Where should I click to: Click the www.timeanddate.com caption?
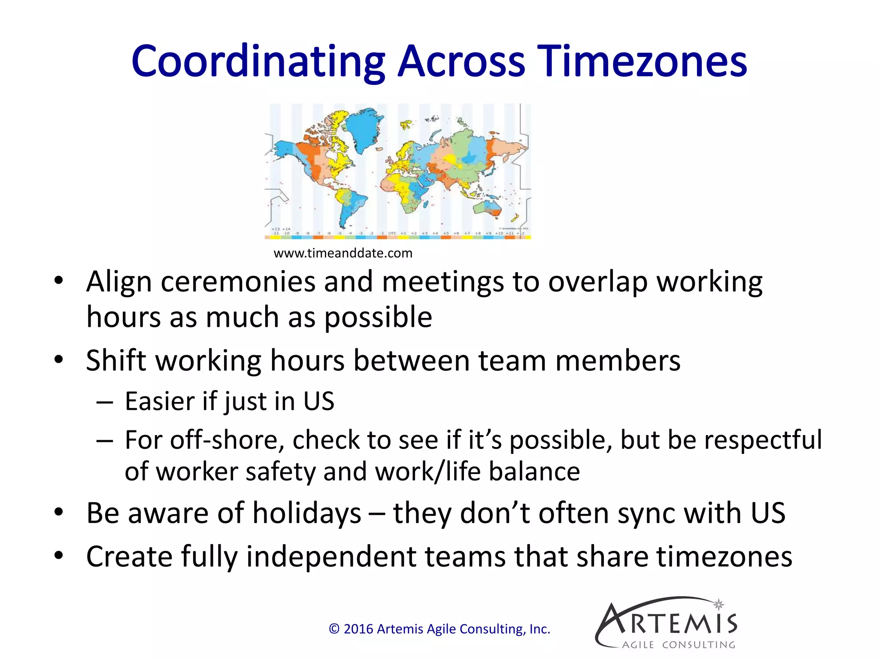(343, 253)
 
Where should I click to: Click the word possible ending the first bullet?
(378, 317)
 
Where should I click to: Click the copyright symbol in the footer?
(334, 629)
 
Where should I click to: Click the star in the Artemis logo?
(718, 605)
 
